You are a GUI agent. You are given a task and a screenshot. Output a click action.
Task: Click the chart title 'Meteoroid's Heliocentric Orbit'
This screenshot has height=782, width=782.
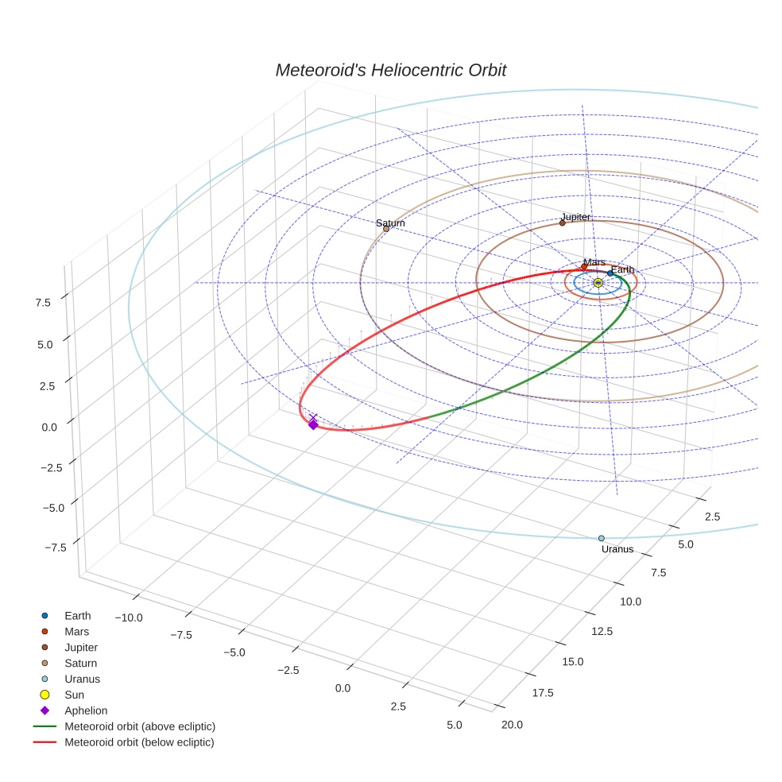(390, 70)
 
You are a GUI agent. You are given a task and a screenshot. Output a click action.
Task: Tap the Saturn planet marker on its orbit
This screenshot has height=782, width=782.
(386, 229)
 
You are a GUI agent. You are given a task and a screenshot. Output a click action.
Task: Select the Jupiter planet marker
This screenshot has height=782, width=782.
(562, 223)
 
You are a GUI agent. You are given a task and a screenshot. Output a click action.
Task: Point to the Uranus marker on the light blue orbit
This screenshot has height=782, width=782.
(602, 538)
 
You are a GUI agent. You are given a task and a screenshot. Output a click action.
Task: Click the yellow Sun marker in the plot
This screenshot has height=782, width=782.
(598, 282)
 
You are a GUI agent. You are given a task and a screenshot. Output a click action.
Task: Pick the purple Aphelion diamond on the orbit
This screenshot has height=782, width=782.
(313, 425)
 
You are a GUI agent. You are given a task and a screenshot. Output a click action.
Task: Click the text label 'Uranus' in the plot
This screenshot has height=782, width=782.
(617, 549)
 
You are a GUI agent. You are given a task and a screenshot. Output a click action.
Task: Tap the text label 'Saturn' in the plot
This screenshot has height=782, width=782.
(390, 223)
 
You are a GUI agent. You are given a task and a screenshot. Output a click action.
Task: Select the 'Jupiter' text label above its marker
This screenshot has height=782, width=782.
(575, 216)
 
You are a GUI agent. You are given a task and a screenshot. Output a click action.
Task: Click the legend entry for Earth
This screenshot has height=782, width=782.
(78, 615)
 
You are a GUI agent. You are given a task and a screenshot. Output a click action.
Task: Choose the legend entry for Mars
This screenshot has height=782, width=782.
(77, 631)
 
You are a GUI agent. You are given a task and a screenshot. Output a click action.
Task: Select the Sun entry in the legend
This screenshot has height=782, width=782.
(74, 695)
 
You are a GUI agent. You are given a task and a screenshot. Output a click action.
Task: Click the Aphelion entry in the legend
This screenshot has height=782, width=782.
(86, 710)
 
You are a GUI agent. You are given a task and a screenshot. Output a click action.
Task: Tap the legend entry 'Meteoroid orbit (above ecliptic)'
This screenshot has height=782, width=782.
(140, 726)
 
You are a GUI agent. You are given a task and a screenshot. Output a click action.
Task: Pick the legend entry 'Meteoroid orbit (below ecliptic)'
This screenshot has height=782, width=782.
(139, 742)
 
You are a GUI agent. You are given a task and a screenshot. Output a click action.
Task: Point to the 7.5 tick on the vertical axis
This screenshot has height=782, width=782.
(43, 302)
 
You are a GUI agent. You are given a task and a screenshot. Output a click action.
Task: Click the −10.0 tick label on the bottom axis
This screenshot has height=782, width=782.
(128, 617)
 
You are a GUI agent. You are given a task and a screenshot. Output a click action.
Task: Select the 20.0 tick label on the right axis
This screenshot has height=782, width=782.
(509, 723)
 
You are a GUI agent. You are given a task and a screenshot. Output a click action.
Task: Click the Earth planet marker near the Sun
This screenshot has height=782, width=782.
(610, 273)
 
